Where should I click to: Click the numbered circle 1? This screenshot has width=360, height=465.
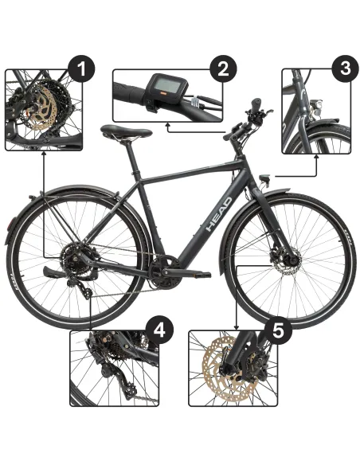pyautogui.click(x=81, y=68)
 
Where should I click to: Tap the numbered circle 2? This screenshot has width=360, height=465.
pyautogui.click(x=225, y=68)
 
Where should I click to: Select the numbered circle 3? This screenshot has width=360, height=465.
pyautogui.click(x=345, y=68)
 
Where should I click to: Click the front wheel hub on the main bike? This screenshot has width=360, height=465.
pyautogui.click(x=291, y=259)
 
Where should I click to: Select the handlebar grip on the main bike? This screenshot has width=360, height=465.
pyautogui.click(x=233, y=135)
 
